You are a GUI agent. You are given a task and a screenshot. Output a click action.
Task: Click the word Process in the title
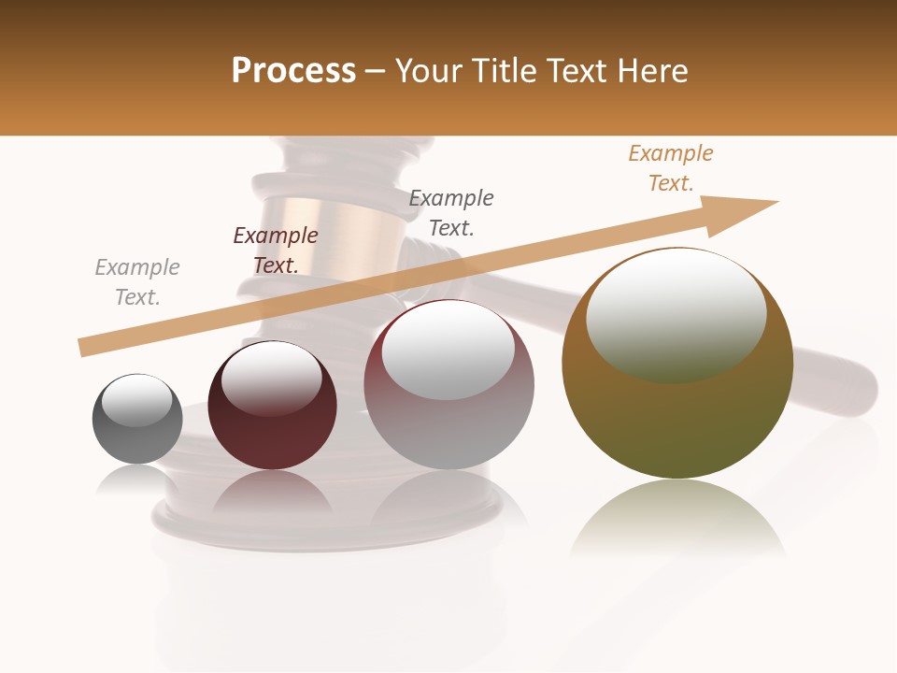coord(293,71)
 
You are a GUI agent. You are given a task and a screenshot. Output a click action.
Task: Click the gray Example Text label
coord(137,282)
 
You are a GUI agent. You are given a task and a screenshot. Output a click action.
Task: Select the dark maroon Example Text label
coord(276,251)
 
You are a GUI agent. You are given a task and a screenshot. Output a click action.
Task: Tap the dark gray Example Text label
coord(451,213)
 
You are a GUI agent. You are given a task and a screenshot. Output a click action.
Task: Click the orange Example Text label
coord(671,168)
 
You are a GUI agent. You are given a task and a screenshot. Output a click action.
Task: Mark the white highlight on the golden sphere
coord(676,313)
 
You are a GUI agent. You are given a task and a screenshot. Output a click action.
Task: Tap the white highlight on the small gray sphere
coord(136,400)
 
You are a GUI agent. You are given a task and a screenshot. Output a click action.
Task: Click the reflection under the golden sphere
coord(677,519)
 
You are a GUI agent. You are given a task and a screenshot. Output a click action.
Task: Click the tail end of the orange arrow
coord(84,347)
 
